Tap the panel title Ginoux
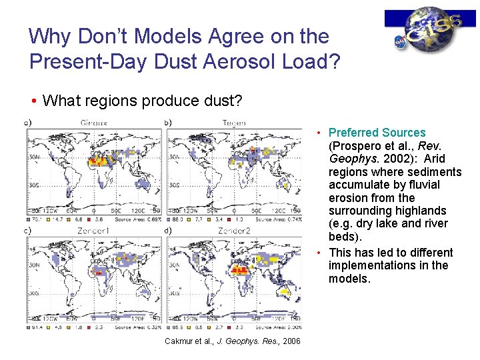[95, 123]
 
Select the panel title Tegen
[235, 123]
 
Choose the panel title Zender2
[235, 230]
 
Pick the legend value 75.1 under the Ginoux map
[37, 219]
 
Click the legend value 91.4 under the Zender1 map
[37, 327]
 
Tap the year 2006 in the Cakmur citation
[291, 342]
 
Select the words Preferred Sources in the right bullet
[377, 133]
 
